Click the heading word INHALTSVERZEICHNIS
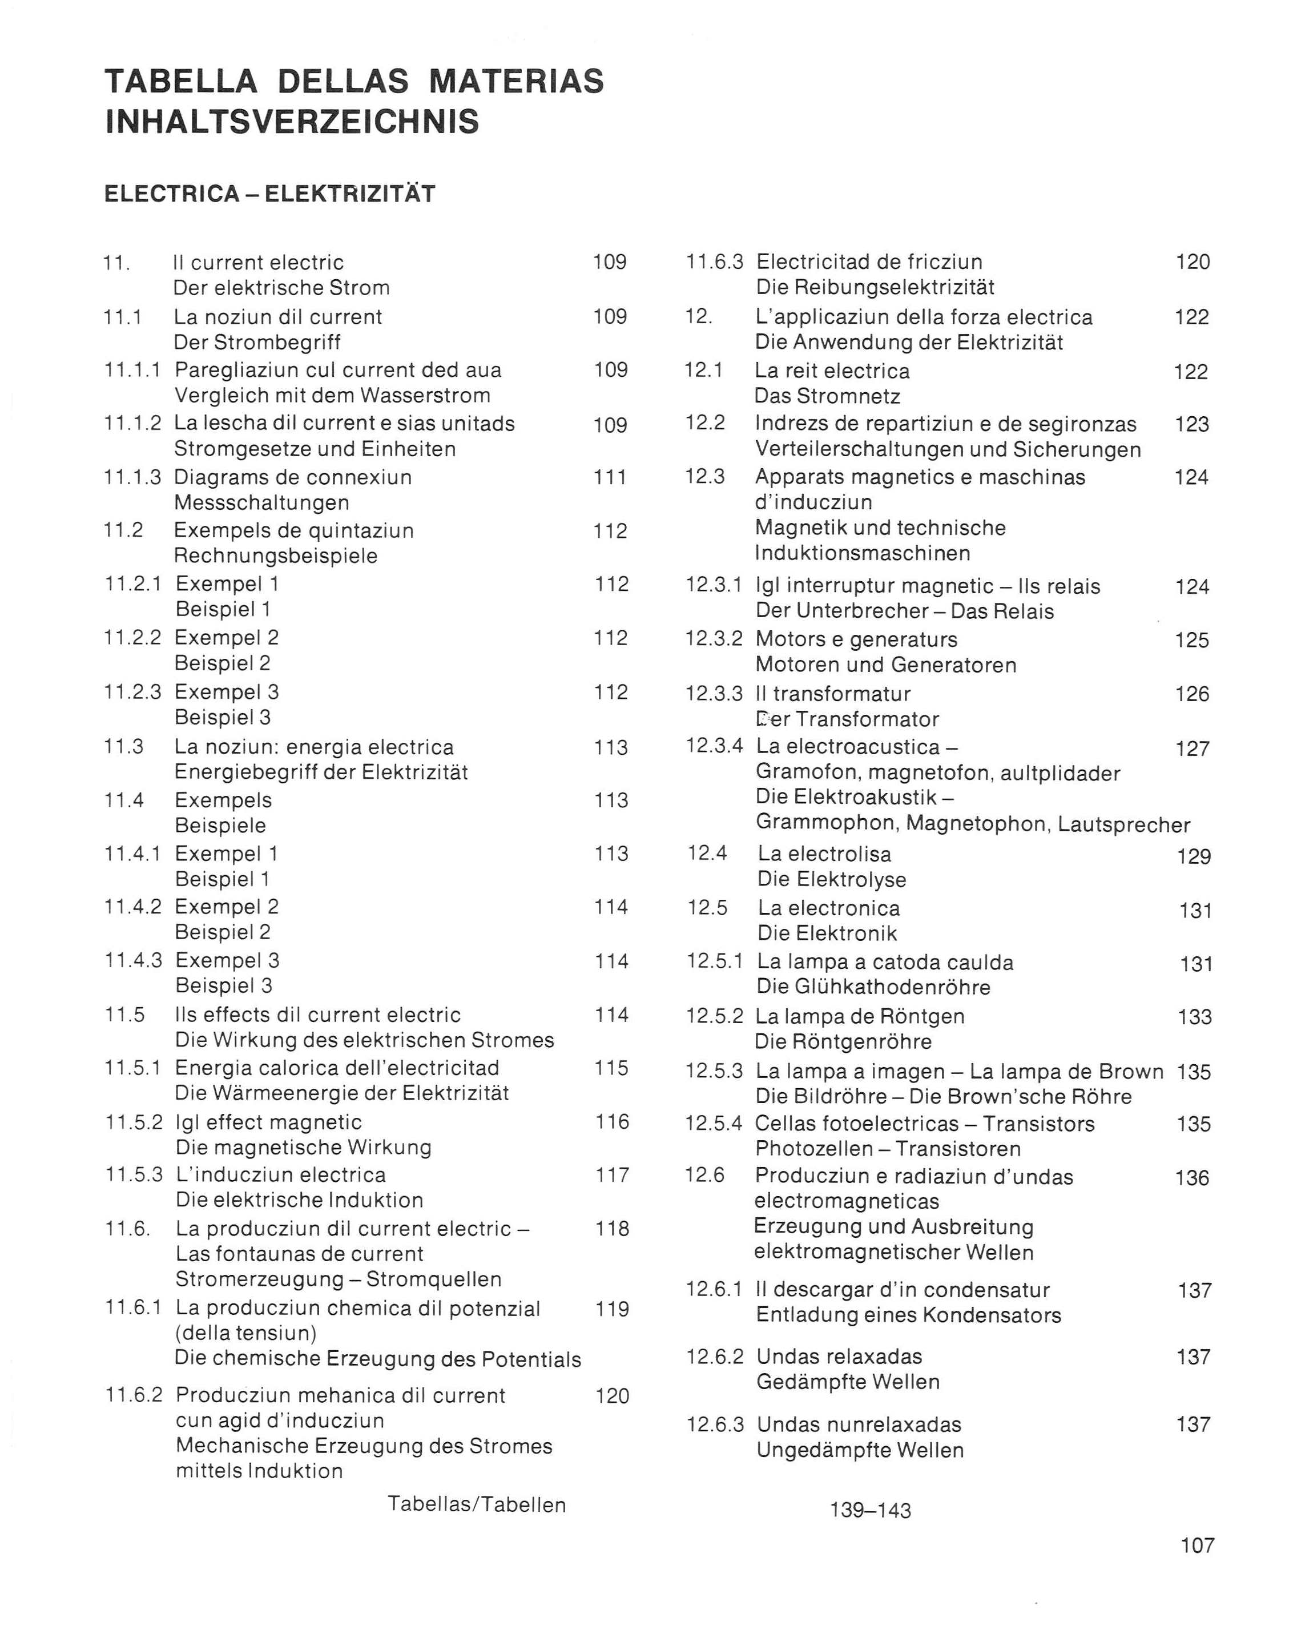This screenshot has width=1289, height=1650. tap(292, 122)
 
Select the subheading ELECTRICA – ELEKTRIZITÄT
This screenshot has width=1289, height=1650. tap(270, 194)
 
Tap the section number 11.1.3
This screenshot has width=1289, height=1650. tap(132, 477)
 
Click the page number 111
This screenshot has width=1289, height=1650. tap(610, 477)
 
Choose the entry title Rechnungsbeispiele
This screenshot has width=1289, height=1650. tap(275, 556)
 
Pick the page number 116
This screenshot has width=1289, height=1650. tap(611, 1122)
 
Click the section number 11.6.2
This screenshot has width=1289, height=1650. tap(133, 1395)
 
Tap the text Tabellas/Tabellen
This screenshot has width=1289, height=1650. tap(477, 1504)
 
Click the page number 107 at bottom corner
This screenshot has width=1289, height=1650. tap(1198, 1546)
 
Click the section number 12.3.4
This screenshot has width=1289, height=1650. tap(714, 746)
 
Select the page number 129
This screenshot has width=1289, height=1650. tap(1194, 857)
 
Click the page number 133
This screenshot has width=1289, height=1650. tap(1195, 1017)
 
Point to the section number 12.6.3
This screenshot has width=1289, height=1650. tap(715, 1425)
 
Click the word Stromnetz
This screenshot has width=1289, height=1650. tap(859, 397)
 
